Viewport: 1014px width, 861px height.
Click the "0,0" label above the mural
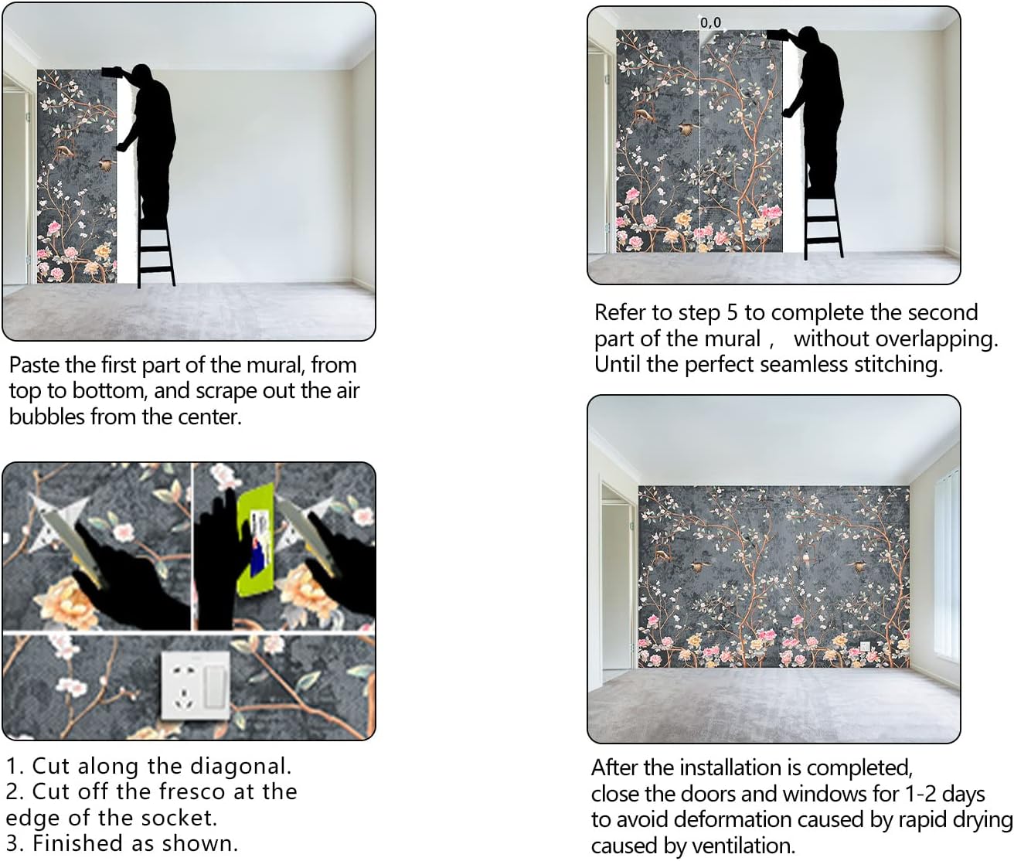711,22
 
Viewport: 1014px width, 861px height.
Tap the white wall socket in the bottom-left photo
196,685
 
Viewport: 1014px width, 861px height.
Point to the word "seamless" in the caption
801,365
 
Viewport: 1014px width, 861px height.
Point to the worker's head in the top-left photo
142,73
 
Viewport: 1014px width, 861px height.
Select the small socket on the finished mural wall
865,645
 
